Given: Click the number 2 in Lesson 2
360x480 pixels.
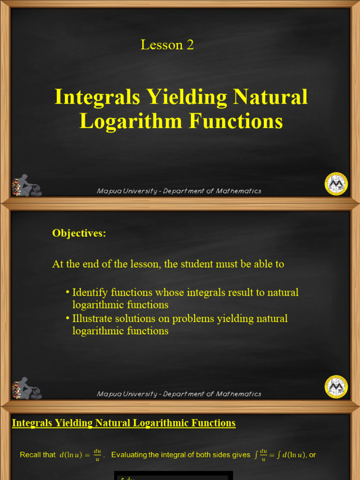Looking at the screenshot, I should coord(189,45).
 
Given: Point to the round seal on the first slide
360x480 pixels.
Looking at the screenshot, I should coord(336,183).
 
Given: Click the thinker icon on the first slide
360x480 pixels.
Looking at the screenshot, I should coord(27,186).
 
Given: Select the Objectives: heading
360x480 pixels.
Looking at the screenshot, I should coord(79,233).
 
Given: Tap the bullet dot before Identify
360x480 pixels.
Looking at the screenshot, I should coord(67,292).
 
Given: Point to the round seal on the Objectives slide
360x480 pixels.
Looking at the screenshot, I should coord(336,386).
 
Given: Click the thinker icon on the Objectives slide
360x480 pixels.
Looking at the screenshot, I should coord(27,389).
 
